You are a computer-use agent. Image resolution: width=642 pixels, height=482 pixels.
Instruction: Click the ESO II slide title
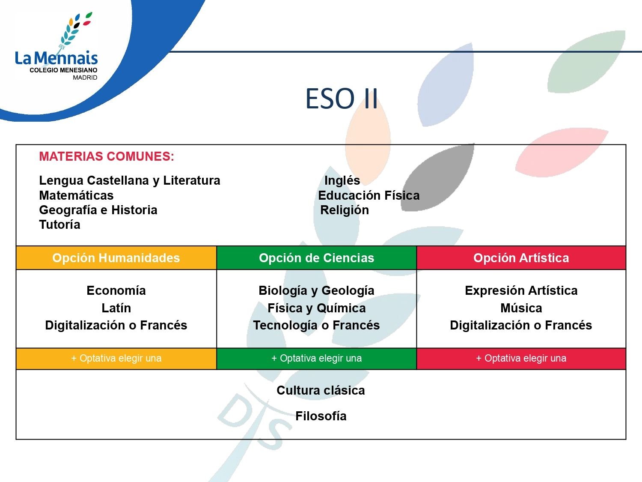coord(342,99)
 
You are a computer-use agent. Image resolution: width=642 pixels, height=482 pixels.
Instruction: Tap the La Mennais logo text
coord(56,58)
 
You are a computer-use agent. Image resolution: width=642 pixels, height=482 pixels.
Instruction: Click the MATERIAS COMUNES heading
coord(107,156)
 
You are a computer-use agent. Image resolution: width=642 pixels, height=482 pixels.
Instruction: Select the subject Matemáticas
coord(76,195)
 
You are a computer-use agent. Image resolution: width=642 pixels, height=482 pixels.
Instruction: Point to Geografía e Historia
coord(98,210)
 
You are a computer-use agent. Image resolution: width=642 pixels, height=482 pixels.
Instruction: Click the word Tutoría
coord(59,225)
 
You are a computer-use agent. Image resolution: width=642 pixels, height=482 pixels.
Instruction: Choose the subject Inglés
coord(342,180)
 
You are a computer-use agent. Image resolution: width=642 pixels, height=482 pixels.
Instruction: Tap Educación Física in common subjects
coord(369,195)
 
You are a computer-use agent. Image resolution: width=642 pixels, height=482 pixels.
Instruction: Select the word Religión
coord(345,210)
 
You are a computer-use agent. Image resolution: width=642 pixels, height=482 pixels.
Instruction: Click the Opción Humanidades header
coord(116,258)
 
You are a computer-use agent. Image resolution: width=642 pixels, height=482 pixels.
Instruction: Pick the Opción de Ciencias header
coord(316,258)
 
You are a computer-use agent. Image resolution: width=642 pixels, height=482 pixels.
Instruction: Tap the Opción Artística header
coord(521,258)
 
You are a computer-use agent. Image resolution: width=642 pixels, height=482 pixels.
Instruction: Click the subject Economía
coord(116,290)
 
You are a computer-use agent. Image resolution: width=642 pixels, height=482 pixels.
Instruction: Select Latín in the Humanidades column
coord(116,308)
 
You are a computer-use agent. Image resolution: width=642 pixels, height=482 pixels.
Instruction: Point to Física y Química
coord(316,308)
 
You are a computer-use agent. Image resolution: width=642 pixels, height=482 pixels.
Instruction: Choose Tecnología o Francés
coord(316,326)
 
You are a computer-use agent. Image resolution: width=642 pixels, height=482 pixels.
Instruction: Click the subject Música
coord(521,308)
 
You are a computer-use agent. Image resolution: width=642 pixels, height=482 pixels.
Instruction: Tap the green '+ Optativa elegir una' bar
coord(316,359)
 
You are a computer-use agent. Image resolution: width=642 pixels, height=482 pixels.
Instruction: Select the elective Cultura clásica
coord(321,390)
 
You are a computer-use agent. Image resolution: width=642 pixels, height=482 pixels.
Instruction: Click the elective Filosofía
coord(321,416)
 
